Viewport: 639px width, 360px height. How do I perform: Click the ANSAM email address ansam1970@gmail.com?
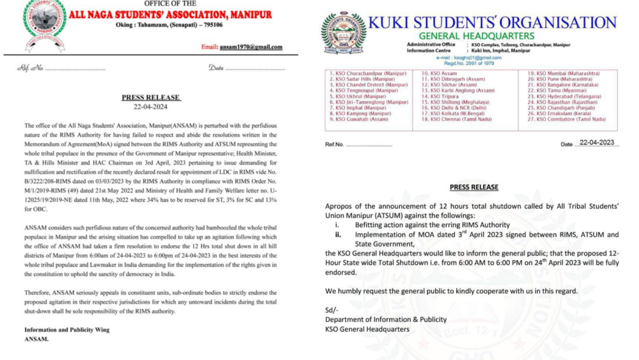(x=250, y=47)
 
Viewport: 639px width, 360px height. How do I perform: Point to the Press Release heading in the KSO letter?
(x=474, y=187)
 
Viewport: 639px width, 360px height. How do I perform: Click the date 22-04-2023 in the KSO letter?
(x=596, y=142)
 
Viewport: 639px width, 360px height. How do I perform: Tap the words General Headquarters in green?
(x=477, y=36)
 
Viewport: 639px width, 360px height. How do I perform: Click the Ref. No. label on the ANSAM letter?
(x=31, y=67)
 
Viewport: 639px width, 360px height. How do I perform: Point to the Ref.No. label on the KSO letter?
(x=334, y=144)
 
